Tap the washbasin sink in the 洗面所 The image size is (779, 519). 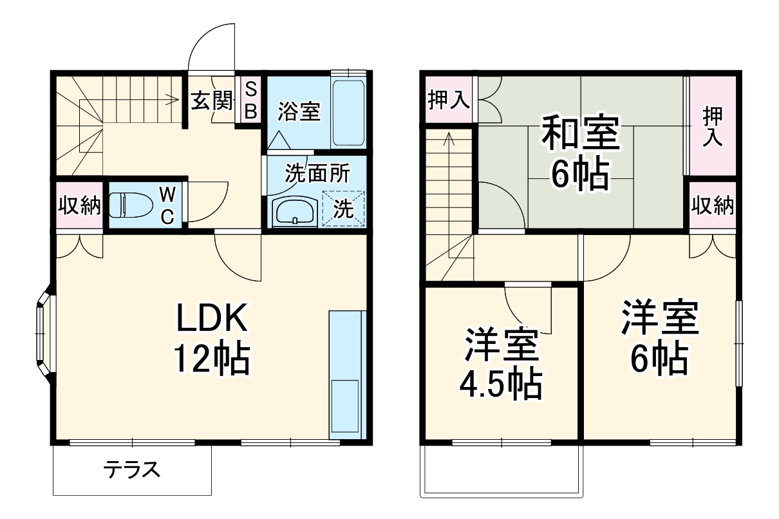pos(294,210)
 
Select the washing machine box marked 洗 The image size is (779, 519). pos(343,209)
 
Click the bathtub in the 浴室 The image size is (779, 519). pos(348,113)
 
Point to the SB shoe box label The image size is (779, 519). pos(251,100)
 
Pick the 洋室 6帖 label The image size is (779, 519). pos(659,337)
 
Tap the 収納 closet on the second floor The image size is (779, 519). pos(713,205)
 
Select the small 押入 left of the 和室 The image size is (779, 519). pos(448,100)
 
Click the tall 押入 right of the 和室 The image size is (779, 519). pos(711,126)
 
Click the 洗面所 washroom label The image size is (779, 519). pos(317,173)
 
